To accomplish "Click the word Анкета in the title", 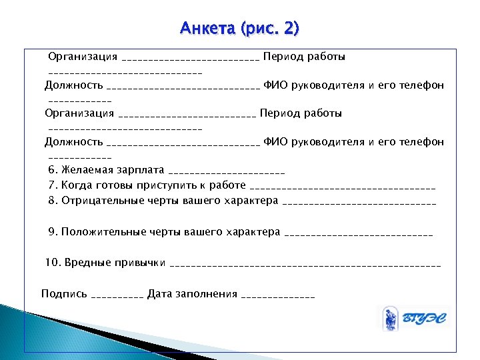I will click(203, 29).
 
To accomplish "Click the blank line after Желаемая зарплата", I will click(227, 173).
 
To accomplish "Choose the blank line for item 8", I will click(359, 202).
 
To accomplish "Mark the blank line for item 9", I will click(359, 234).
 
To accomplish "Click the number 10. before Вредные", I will click(53, 262).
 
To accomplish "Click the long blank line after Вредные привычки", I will click(305, 265).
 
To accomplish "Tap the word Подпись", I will click(64, 293).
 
